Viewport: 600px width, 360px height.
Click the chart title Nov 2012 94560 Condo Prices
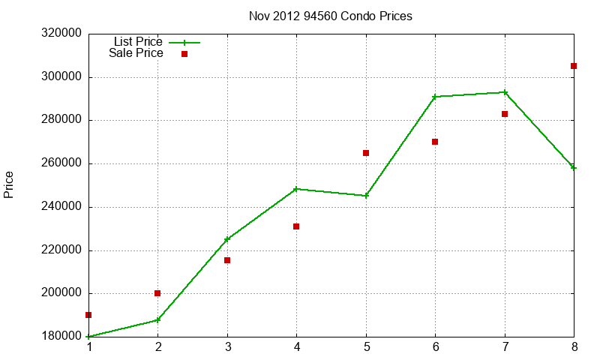(330, 16)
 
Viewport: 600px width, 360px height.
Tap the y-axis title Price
(9, 184)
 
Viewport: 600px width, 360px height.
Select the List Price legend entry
(138, 42)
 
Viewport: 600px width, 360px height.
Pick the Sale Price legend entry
(136, 53)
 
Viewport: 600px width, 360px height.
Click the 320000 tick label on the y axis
(61, 34)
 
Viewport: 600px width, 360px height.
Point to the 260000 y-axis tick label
(61, 163)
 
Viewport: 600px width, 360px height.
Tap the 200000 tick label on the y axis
(61, 294)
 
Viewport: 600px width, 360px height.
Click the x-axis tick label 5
(366, 347)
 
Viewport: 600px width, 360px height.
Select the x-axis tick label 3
(227, 347)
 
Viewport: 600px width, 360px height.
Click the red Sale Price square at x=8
(574, 66)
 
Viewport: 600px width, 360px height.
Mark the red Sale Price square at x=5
(366, 153)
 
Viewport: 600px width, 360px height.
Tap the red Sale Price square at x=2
(157, 293)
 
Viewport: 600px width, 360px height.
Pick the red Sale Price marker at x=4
(296, 226)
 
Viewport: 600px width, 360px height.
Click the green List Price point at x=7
(505, 92)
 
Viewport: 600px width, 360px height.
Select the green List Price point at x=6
(435, 97)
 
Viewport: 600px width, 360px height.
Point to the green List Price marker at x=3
(227, 239)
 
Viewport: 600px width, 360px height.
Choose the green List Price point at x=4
(296, 189)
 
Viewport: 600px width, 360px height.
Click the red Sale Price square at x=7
(505, 114)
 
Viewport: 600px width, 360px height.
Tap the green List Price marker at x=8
(574, 167)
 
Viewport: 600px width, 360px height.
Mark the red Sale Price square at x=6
(435, 142)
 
